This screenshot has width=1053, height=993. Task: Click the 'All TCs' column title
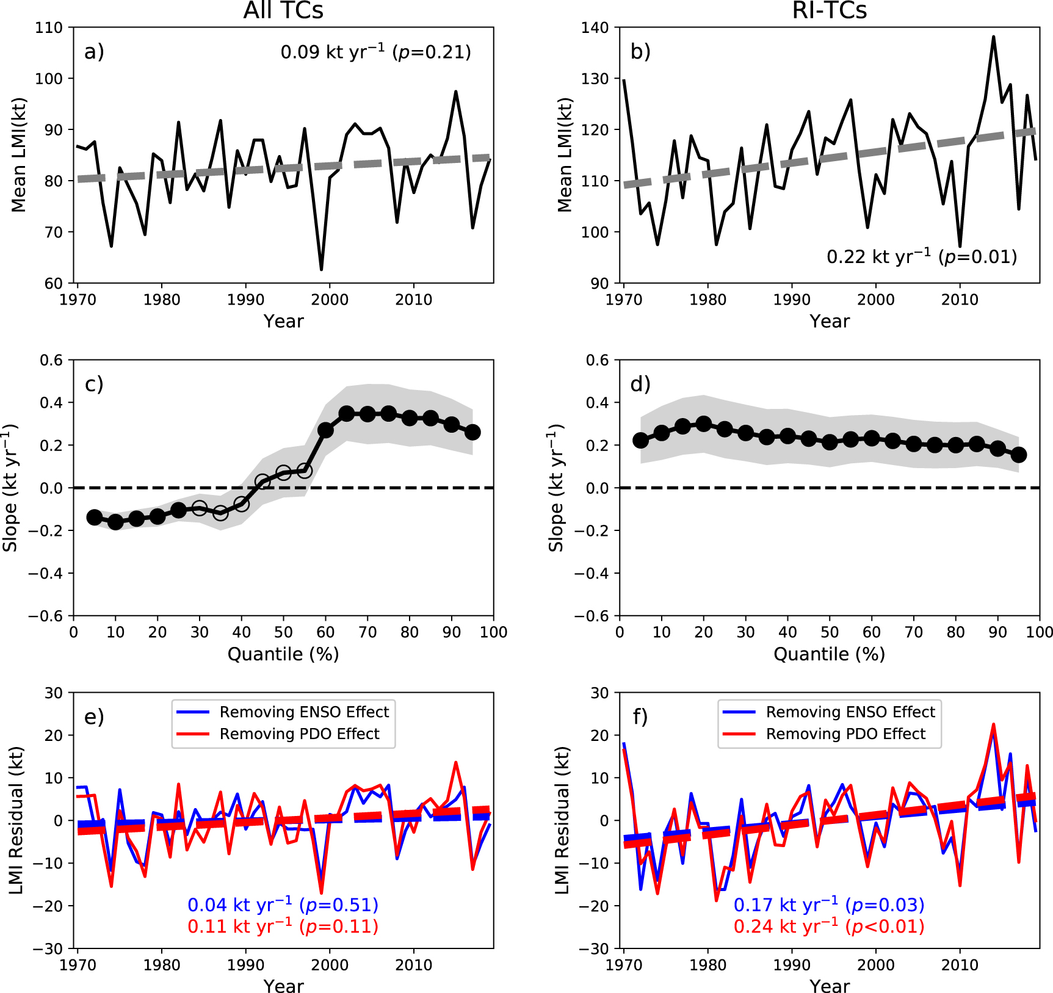[283, 10]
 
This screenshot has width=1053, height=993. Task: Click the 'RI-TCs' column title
[829, 10]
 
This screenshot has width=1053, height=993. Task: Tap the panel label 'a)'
[94, 52]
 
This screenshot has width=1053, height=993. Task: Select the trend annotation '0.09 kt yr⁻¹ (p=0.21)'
[375, 52]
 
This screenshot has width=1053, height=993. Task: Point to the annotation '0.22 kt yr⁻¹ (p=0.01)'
[921, 256]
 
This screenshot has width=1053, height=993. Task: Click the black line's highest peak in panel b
[993, 37]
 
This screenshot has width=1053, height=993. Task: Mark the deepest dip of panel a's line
[321, 269]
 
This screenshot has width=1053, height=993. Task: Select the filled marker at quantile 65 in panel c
[347, 414]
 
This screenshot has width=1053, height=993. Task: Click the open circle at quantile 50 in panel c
[283, 472]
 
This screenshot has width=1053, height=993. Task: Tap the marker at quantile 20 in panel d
[703, 424]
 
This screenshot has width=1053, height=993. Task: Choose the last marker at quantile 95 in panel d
[1018, 455]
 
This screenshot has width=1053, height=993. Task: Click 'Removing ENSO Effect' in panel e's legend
[304, 712]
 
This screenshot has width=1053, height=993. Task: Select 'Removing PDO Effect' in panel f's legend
[845, 734]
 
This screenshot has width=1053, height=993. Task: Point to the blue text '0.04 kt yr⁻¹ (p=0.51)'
[283, 905]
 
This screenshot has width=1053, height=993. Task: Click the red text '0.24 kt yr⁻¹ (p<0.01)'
[828, 926]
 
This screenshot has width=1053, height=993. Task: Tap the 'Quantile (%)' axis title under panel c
[283, 654]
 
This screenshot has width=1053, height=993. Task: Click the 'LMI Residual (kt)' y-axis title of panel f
[562, 820]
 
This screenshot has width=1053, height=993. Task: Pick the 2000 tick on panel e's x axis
[330, 965]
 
